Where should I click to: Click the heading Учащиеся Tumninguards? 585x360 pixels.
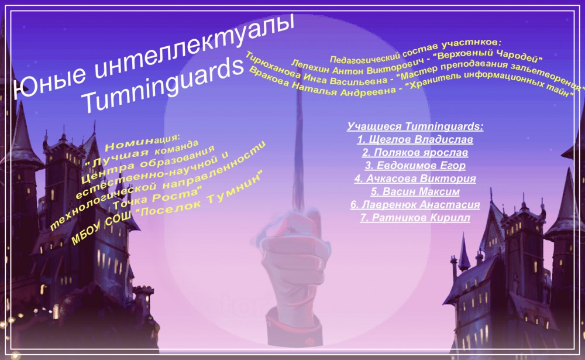(x=415, y=126)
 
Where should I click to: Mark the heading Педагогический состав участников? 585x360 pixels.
(x=415, y=50)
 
